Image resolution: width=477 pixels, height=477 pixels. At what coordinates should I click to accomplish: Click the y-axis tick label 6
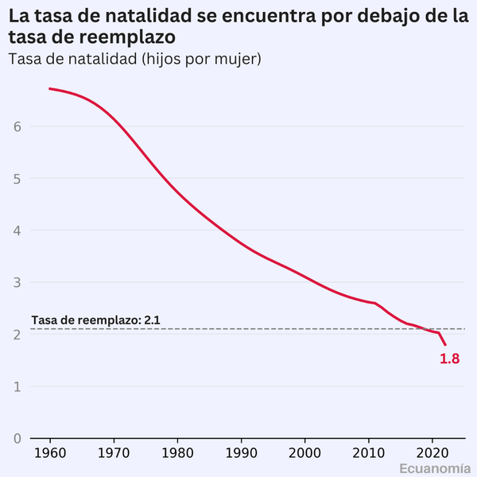pyautogui.click(x=16, y=126)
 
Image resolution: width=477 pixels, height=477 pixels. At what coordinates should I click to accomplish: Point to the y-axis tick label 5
pyautogui.click(x=16, y=179)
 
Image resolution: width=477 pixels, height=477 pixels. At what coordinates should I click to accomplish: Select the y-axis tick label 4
pyautogui.click(x=16, y=231)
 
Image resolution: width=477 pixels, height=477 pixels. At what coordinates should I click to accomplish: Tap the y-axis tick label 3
pyautogui.click(x=16, y=283)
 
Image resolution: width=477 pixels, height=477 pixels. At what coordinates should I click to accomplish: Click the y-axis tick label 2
pyautogui.click(x=16, y=335)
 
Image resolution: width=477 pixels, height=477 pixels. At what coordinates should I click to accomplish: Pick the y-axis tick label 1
pyautogui.click(x=16, y=386)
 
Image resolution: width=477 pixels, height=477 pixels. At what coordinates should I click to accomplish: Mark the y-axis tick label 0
pyautogui.click(x=16, y=438)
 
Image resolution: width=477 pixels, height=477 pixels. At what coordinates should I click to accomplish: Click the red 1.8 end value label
pyautogui.click(x=449, y=359)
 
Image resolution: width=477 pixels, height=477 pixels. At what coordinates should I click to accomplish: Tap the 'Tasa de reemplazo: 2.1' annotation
pyautogui.click(x=96, y=320)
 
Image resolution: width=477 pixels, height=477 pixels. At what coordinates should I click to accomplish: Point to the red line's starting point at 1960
pyautogui.click(x=50, y=88)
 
